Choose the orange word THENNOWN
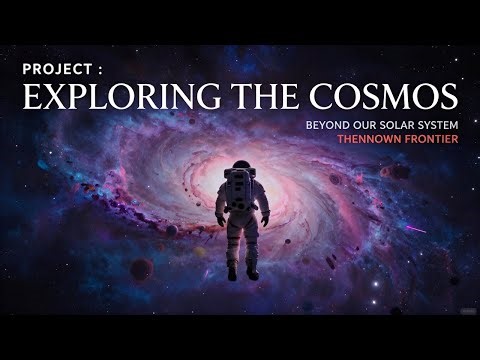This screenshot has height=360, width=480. (338, 138)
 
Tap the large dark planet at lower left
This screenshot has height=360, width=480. (142, 269)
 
